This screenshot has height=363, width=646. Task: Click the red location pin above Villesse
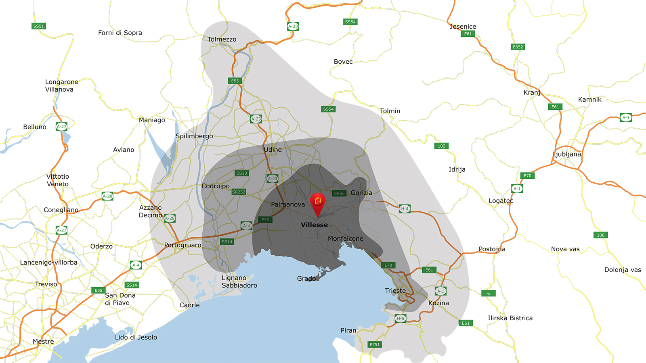click(317, 202)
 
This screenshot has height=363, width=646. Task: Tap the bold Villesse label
click(314, 225)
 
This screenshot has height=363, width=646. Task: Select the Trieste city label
click(395, 290)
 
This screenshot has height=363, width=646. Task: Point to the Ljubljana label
click(566, 154)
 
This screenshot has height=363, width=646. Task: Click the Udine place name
click(273, 150)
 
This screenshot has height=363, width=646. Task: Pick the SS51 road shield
click(39, 26)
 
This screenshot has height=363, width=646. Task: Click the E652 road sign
click(518, 47)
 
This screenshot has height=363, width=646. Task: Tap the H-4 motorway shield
click(405, 209)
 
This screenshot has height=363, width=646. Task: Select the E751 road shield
click(375, 344)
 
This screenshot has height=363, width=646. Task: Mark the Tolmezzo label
click(222, 39)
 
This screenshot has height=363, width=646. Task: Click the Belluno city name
click(35, 127)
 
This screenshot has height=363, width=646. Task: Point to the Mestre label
click(43, 341)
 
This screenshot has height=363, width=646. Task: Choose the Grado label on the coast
click(306, 278)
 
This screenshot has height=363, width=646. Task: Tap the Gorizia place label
click(361, 193)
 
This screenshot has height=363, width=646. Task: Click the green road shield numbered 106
click(601, 235)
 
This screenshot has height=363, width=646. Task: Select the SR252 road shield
click(239, 192)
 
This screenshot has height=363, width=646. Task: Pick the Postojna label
click(492, 249)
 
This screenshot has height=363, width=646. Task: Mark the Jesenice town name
click(463, 27)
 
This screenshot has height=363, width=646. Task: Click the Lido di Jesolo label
click(136, 337)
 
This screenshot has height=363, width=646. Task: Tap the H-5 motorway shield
click(400, 318)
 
